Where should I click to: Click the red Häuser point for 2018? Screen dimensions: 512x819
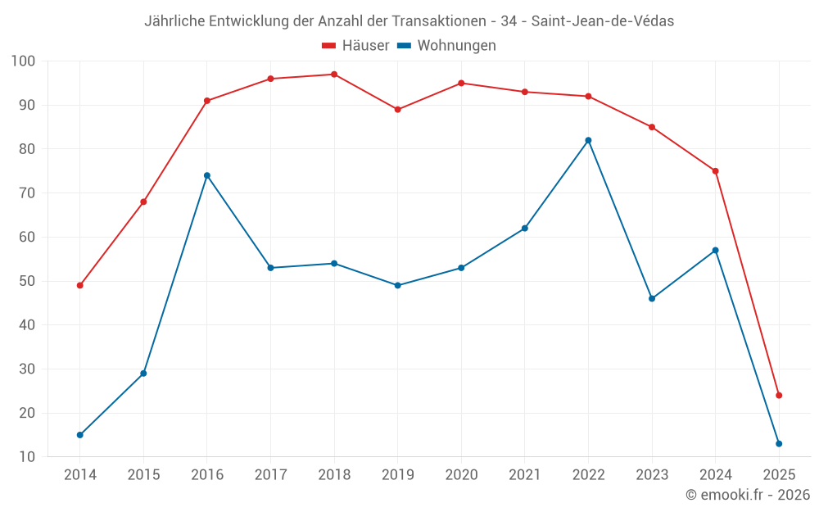(x=334, y=75)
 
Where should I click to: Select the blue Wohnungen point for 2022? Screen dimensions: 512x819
(x=588, y=140)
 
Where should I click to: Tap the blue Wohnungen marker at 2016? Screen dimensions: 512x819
(x=207, y=175)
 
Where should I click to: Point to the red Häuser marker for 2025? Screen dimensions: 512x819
(x=779, y=396)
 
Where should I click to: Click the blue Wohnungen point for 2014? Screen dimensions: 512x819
(x=80, y=435)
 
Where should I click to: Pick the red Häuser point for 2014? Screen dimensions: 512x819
(x=80, y=286)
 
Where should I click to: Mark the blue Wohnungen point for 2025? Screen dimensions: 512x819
(x=779, y=444)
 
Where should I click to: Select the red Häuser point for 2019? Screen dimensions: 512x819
(x=398, y=110)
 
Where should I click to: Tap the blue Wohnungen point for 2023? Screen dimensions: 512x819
(x=652, y=299)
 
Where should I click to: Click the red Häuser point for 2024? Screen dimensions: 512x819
(x=715, y=171)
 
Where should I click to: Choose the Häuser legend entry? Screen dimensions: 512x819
(x=355, y=46)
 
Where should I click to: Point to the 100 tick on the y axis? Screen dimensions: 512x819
(x=24, y=61)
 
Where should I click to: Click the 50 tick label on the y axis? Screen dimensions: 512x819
(x=27, y=281)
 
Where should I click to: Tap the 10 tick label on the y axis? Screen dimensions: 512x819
(x=27, y=457)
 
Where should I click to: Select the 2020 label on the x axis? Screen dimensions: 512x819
(x=461, y=475)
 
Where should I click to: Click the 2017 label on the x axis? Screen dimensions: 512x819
(x=270, y=475)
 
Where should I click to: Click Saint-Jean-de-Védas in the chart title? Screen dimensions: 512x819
(x=602, y=21)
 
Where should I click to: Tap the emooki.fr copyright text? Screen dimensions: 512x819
(x=748, y=495)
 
